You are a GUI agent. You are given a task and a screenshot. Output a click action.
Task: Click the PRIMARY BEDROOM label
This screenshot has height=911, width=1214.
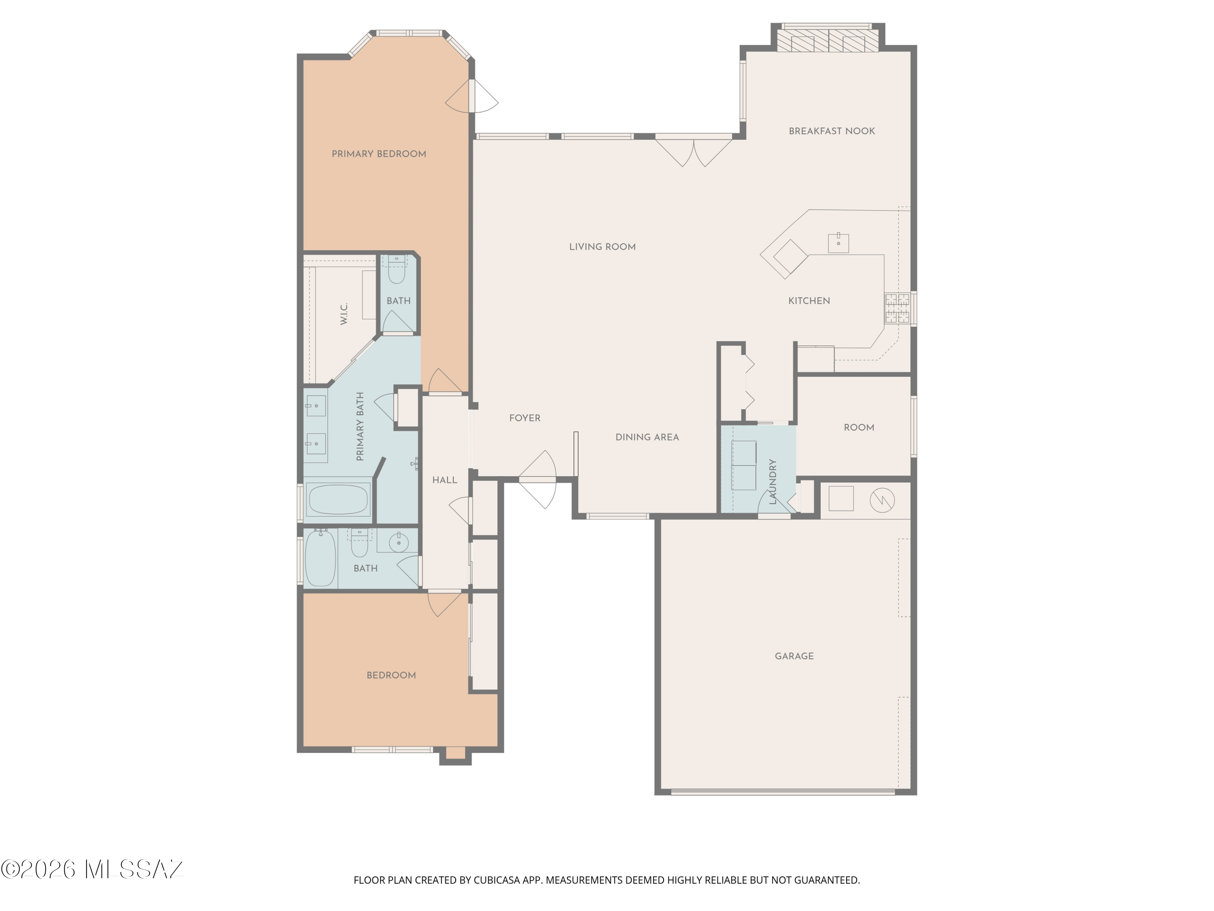pos(379,154)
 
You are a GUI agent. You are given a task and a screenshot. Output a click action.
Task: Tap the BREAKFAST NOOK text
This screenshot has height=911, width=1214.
pos(832,131)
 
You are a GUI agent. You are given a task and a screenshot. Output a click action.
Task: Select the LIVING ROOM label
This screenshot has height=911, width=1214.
pos(602,247)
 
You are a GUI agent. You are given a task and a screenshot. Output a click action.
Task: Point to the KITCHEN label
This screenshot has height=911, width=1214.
pos(809,301)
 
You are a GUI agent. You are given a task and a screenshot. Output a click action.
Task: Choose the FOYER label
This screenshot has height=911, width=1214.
pos(525,418)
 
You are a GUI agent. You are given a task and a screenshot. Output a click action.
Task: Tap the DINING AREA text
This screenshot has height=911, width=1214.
pos(647,438)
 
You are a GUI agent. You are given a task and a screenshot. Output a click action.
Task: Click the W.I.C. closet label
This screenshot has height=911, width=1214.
pos(344,314)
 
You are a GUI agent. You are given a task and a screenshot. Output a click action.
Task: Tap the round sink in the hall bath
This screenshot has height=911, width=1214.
pos(399,543)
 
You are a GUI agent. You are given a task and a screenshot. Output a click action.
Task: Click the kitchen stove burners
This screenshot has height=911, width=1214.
pos(897,308)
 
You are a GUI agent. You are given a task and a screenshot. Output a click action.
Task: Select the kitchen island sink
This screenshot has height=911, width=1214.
pos(838,243)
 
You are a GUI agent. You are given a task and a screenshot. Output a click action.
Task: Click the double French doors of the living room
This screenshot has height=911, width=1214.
pos(694,151)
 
